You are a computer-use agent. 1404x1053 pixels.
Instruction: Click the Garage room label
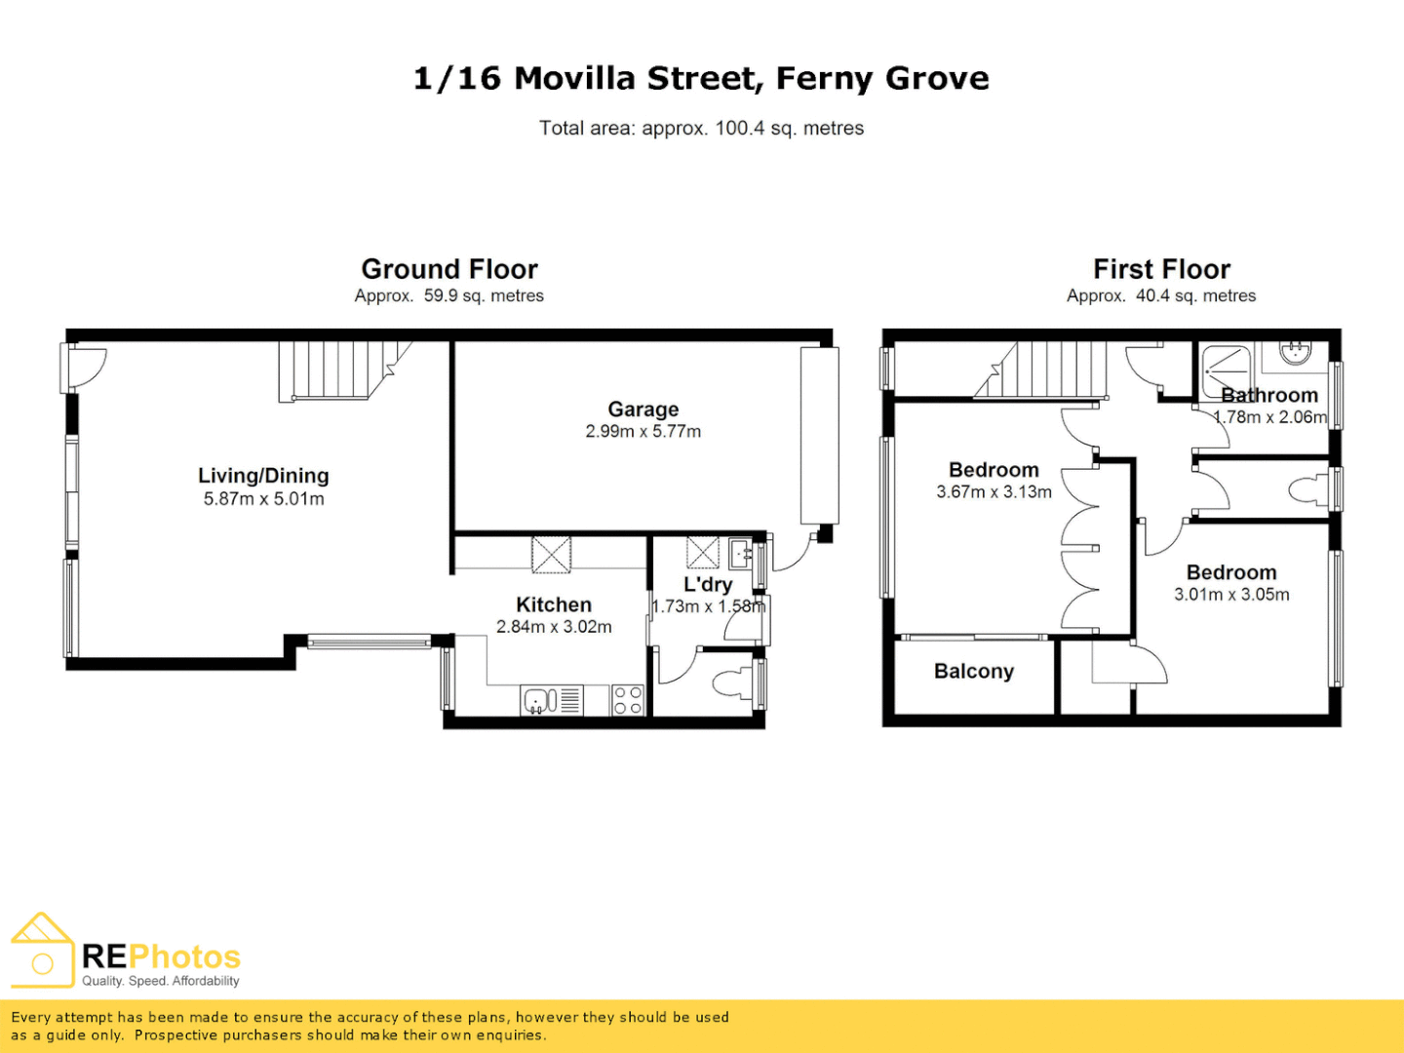click(643, 409)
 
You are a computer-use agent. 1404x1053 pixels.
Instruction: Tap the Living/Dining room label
click(263, 476)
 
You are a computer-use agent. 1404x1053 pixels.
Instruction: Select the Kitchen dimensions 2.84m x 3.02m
click(554, 627)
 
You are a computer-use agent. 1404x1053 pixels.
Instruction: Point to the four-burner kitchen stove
click(628, 700)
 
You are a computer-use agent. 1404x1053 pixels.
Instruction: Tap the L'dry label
click(707, 584)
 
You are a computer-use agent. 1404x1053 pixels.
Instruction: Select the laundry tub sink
click(740, 554)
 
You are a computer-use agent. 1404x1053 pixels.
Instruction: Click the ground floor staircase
click(336, 370)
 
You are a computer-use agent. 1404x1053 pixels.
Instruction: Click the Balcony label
click(973, 672)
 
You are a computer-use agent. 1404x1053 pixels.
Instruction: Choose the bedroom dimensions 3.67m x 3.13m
click(994, 492)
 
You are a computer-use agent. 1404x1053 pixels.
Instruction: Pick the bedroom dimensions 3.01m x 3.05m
click(1231, 595)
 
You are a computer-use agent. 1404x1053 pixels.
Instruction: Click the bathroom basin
click(1296, 352)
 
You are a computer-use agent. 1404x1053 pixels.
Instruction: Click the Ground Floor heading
click(449, 269)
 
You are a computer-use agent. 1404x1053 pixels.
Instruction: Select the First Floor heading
click(1161, 269)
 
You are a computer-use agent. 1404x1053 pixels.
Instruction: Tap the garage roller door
click(819, 436)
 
